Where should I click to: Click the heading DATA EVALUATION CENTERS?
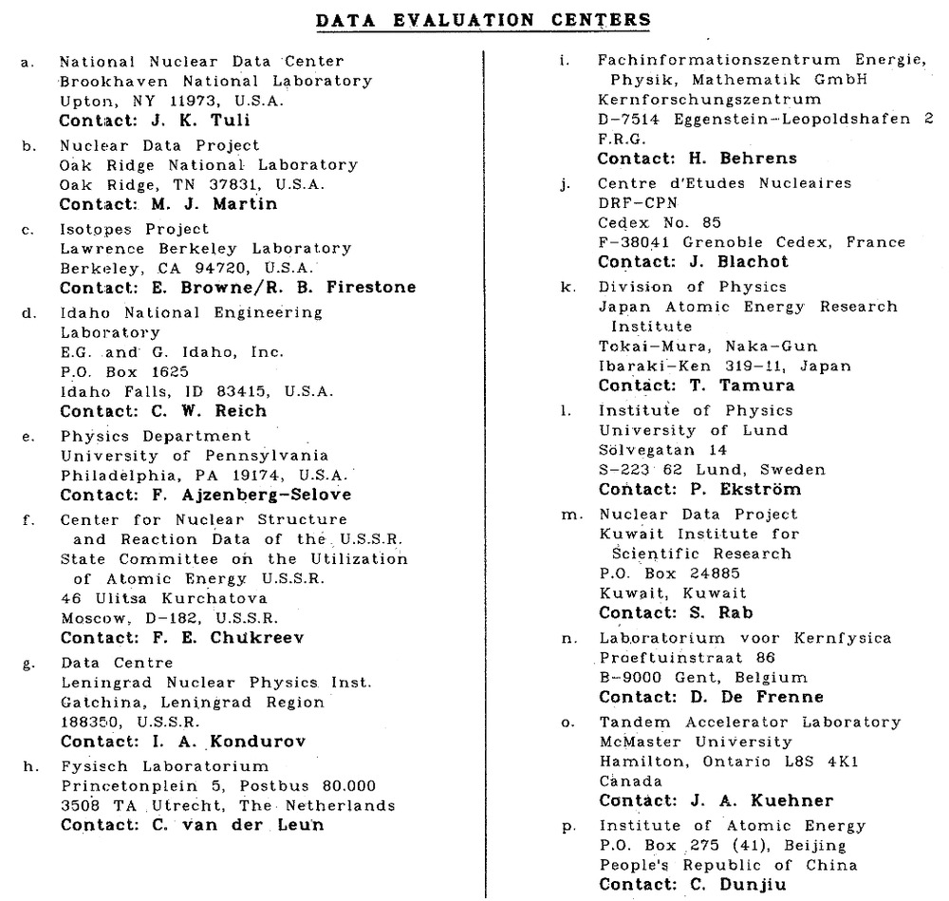(x=483, y=18)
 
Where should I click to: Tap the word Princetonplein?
(x=121, y=785)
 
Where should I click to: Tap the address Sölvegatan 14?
(x=661, y=449)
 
